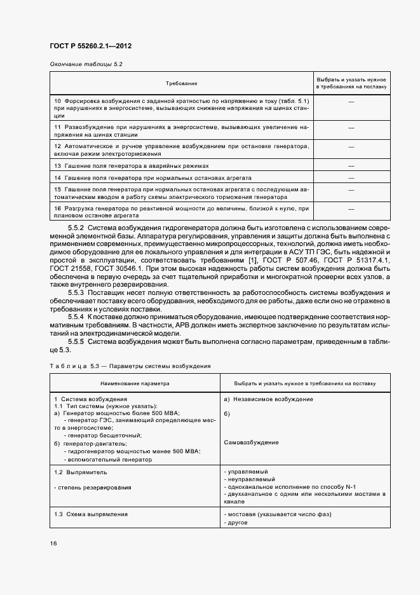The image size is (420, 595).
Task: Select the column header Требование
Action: pyautogui.click(x=182, y=83)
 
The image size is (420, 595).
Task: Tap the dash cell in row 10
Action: pyautogui.click(x=351, y=102)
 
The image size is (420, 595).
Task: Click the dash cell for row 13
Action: pyautogui.click(x=351, y=166)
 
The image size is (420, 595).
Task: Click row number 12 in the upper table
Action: pyautogui.click(x=57, y=146)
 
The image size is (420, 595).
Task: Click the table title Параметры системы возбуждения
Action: pyautogui.click(x=155, y=366)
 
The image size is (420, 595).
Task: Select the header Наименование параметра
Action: pyautogui.click(x=134, y=384)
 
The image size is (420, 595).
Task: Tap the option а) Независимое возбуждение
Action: pyautogui.click(x=268, y=399)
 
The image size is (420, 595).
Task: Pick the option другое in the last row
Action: pyautogui.click(x=238, y=522)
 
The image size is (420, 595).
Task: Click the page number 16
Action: pyautogui.click(x=54, y=544)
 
